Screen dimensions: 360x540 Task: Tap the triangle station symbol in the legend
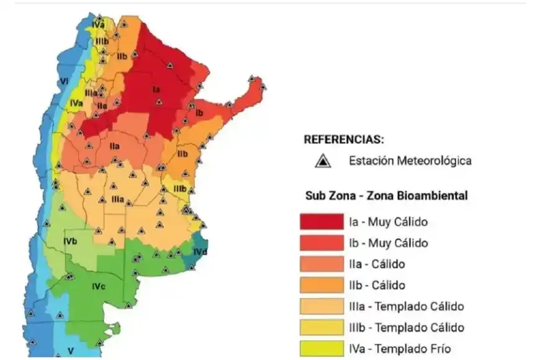click(x=321, y=161)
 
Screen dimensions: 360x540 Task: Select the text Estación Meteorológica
click(x=410, y=161)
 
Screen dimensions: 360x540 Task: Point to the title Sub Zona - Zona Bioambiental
click(x=386, y=196)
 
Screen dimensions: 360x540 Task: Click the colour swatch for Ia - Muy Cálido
click(x=322, y=222)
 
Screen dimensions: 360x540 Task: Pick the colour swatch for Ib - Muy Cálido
click(x=322, y=243)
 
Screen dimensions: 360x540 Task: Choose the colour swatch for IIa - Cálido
click(x=322, y=264)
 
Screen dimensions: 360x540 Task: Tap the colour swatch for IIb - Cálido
click(x=322, y=285)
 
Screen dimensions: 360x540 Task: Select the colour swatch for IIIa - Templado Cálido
click(x=322, y=306)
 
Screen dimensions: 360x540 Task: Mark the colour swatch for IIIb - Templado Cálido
click(x=322, y=327)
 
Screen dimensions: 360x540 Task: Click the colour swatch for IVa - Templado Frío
click(x=322, y=348)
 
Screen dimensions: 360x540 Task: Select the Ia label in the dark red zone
click(x=156, y=89)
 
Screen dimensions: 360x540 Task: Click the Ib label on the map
click(x=199, y=114)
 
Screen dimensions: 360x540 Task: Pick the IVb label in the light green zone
click(x=70, y=241)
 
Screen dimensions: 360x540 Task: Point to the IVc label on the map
click(x=98, y=286)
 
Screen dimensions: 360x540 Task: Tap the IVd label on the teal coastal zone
click(x=200, y=252)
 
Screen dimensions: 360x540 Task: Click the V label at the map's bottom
click(x=71, y=351)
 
